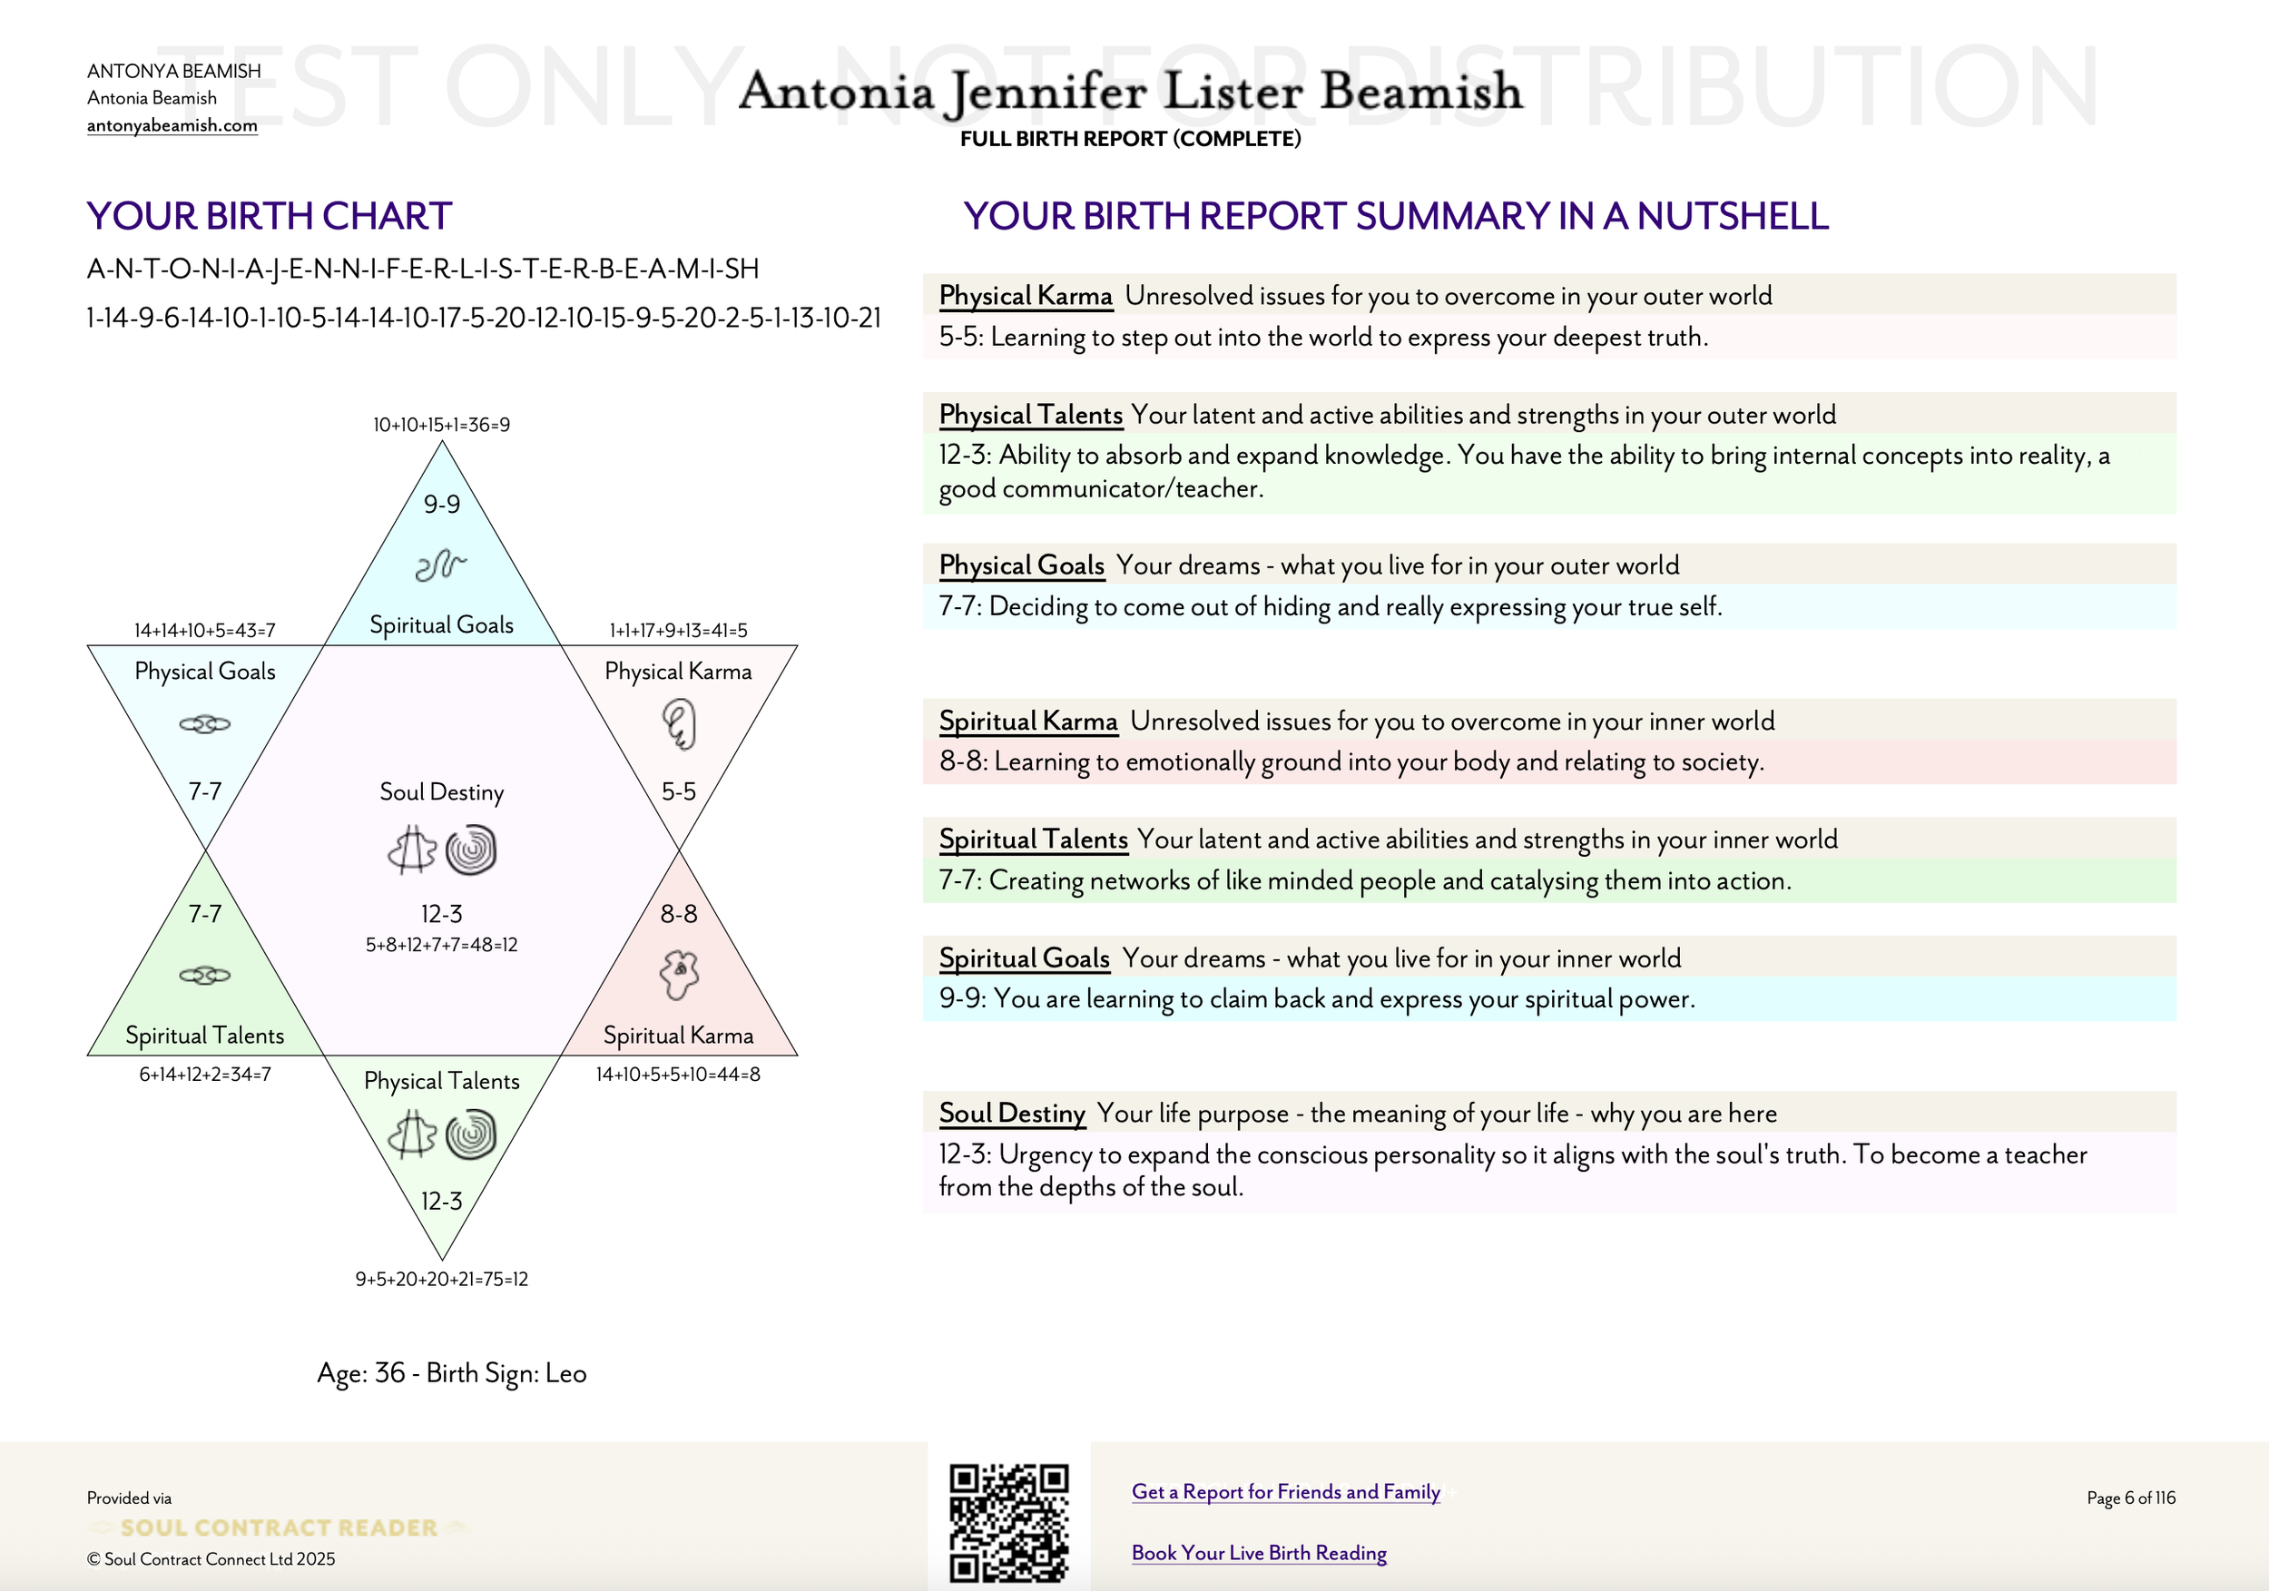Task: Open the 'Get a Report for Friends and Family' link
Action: point(1285,1491)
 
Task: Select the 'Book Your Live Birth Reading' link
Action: point(1258,1553)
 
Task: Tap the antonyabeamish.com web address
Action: point(172,125)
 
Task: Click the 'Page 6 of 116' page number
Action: point(2131,1498)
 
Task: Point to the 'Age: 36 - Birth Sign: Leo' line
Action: point(452,1373)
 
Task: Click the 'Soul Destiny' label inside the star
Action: point(442,791)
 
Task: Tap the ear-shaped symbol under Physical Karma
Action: point(679,724)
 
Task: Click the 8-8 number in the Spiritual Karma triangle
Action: point(679,914)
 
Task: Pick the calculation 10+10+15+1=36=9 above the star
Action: point(442,425)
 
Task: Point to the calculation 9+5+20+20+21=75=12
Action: point(442,1280)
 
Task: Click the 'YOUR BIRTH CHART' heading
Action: point(269,216)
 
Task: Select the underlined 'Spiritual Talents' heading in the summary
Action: point(1033,839)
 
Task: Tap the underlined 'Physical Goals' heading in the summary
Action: point(1021,565)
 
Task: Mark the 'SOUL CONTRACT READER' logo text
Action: point(279,1527)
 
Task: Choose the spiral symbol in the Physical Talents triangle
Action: point(471,1134)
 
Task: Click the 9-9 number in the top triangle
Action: point(442,504)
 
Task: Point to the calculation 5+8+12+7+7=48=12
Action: point(442,945)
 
